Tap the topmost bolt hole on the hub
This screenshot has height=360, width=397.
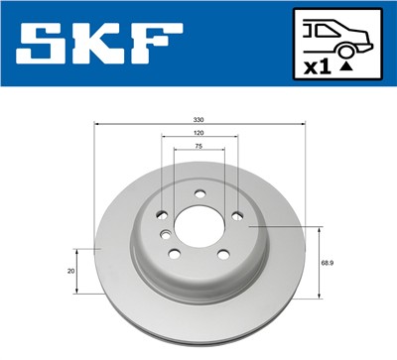[198, 193]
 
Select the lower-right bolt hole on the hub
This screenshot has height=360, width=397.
[223, 254]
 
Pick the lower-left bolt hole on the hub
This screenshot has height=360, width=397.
[175, 254]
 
